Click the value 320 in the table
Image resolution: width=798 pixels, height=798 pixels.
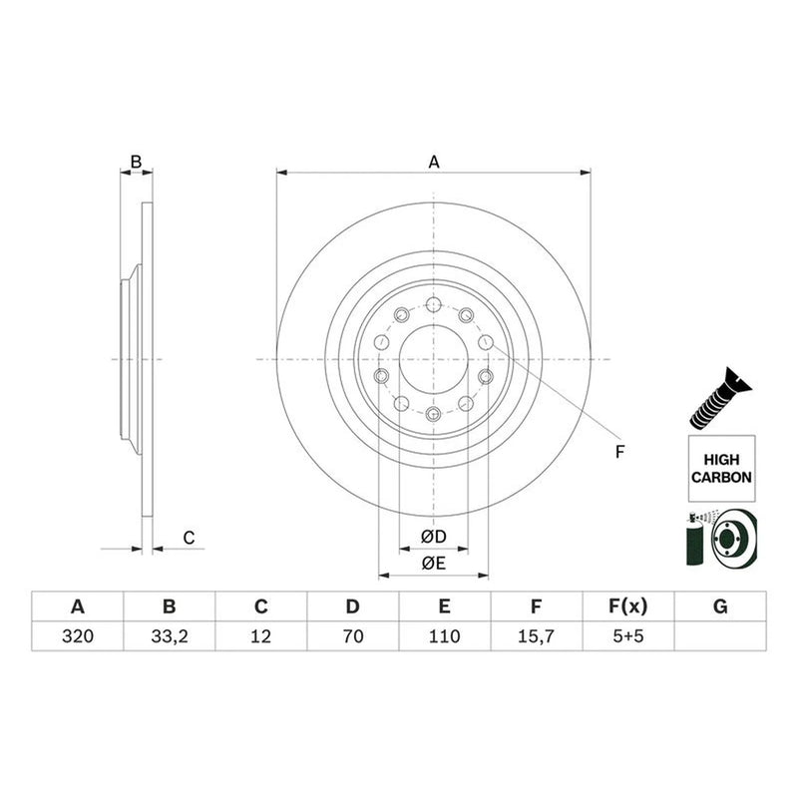[78, 636]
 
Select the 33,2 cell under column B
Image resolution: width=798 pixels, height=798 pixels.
[170, 636]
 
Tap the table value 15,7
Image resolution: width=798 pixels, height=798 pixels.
[536, 636]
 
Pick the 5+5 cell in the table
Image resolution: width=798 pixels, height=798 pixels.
[628, 636]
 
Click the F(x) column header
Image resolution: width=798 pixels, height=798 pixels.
[628, 606]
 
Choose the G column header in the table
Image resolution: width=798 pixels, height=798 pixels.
[720, 606]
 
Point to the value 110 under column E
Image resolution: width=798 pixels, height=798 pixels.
[444, 636]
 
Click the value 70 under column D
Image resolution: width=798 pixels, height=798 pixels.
[353, 636]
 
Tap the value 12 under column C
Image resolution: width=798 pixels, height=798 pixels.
[260, 636]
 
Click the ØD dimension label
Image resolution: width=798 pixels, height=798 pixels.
[434, 537]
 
